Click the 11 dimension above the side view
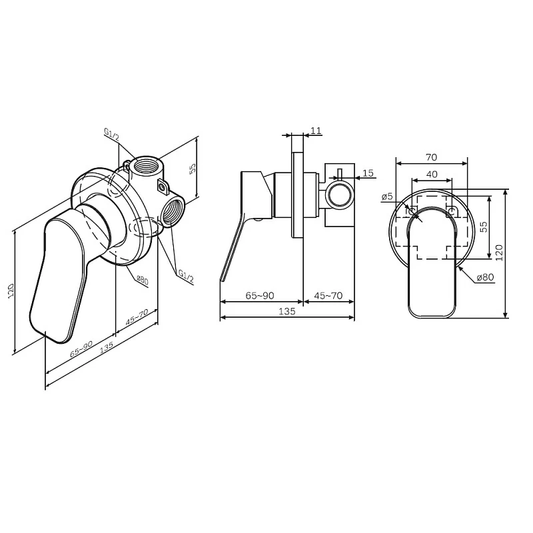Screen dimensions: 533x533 click(316, 131)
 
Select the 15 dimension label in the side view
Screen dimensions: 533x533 click(368, 173)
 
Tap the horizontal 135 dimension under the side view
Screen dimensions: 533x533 click(286, 311)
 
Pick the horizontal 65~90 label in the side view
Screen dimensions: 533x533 click(260, 295)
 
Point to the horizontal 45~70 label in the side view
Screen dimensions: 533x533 click(328, 295)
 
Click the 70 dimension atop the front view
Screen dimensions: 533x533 click(430, 157)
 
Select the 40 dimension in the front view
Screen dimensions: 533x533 click(432, 175)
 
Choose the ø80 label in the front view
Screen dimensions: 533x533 click(485, 277)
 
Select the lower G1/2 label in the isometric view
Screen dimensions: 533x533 click(185, 275)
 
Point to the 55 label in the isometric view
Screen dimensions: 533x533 click(192, 169)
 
